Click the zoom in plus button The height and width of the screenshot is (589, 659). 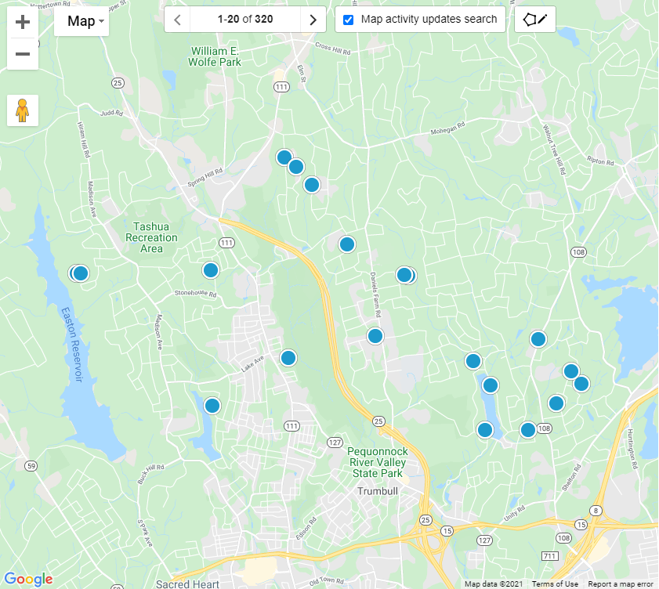pyautogui.click(x=23, y=22)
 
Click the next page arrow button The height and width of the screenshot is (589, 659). pyautogui.click(x=313, y=20)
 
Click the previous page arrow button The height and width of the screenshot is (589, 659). pyautogui.click(x=177, y=20)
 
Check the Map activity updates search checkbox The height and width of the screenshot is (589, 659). pyautogui.click(x=349, y=20)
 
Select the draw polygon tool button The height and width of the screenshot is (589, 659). pyautogui.click(x=535, y=20)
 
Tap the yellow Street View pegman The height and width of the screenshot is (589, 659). pyautogui.click(x=23, y=110)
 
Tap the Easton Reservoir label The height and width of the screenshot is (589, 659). pyautogui.click(x=72, y=345)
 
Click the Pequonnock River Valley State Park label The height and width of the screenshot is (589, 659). pyautogui.click(x=376, y=463)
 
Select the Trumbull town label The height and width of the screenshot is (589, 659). pyautogui.click(x=378, y=491)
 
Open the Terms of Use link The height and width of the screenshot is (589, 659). pyautogui.click(x=555, y=584)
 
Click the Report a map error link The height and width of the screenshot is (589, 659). pyautogui.click(x=621, y=584)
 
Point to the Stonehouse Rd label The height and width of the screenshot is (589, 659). pyautogui.click(x=195, y=293)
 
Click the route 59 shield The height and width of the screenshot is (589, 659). pyautogui.click(x=31, y=466)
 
